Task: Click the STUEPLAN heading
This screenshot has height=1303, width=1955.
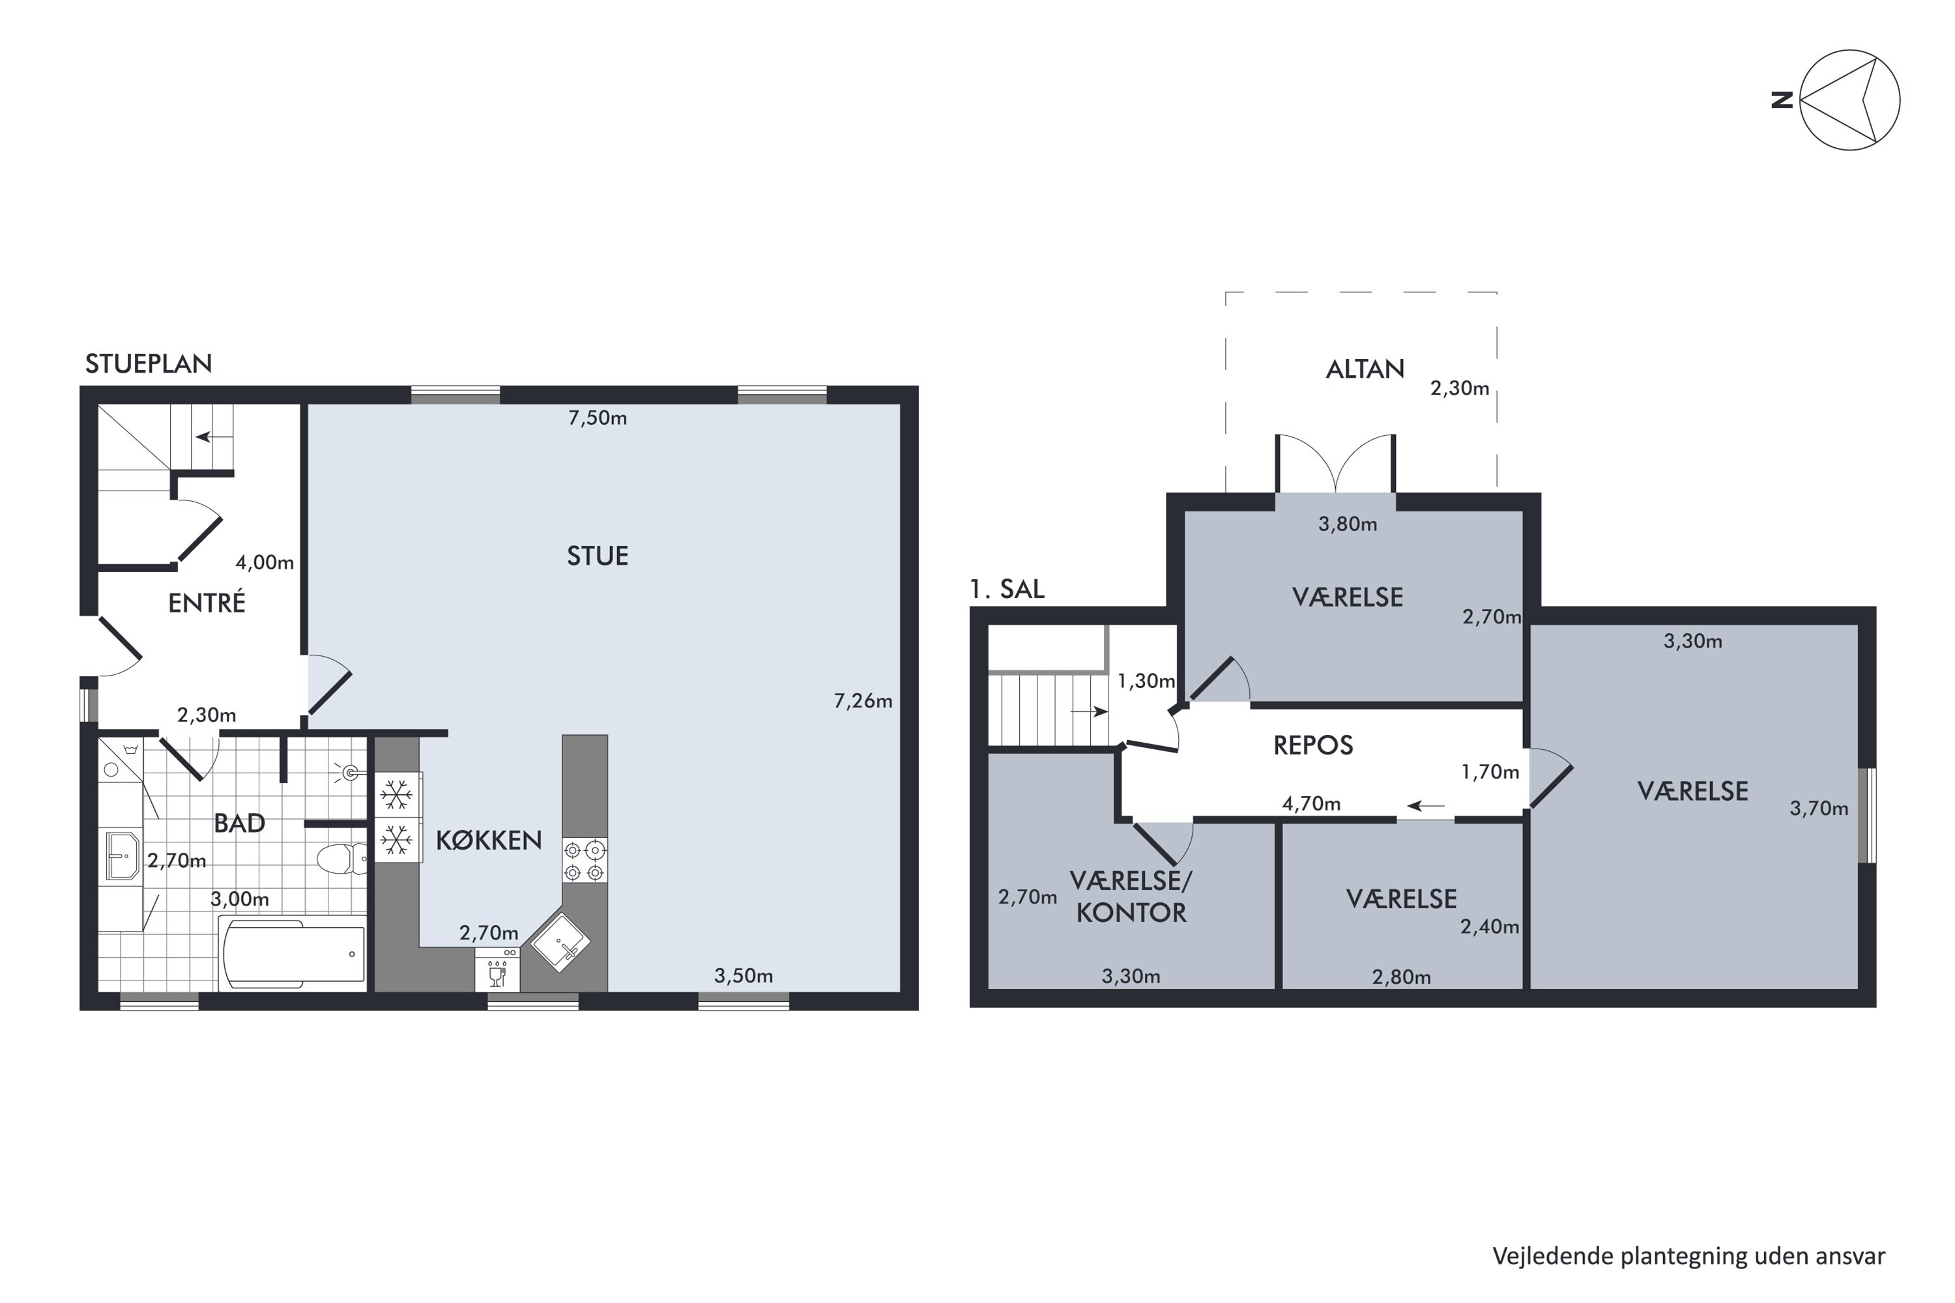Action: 149,364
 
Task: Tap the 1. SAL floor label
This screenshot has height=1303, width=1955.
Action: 1007,589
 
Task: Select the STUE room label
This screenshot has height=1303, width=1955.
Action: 598,556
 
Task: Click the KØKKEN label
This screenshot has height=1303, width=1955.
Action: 489,840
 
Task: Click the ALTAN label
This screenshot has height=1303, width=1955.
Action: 1365,369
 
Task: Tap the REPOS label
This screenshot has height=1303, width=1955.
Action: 1313,745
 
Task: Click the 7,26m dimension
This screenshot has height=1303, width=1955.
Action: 863,702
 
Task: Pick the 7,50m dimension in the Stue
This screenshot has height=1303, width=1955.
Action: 598,418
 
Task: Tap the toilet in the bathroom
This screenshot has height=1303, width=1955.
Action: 341,859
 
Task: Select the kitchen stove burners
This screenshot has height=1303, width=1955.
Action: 585,861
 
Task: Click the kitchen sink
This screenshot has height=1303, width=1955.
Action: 560,942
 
